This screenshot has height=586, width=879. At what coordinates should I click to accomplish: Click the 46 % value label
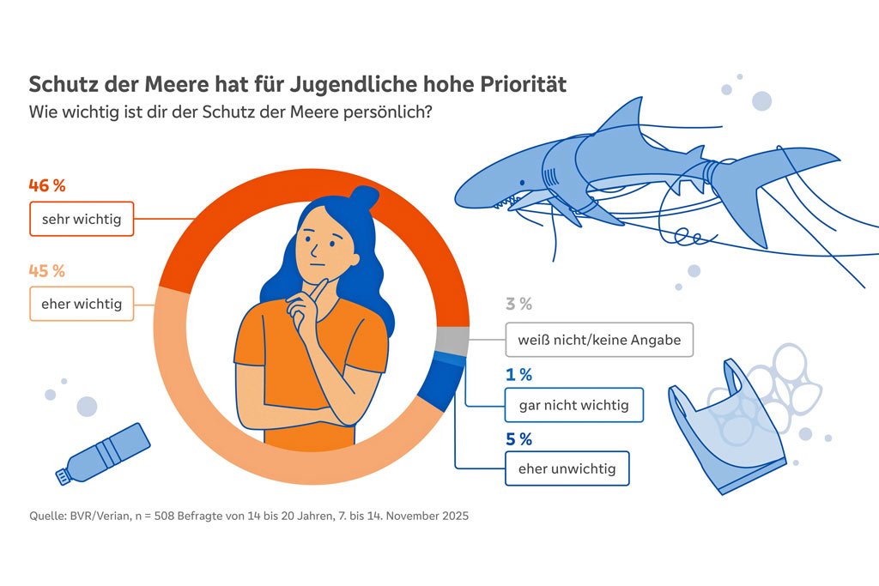(47, 185)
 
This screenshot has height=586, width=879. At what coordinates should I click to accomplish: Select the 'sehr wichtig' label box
(82, 219)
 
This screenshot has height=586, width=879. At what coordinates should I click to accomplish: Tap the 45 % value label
(47, 271)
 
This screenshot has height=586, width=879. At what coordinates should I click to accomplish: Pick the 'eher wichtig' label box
(82, 304)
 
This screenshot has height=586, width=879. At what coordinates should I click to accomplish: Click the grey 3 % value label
(518, 304)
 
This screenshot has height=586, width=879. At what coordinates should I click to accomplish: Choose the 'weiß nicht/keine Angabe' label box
(598, 340)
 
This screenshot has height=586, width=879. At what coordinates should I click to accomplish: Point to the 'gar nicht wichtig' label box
(573, 405)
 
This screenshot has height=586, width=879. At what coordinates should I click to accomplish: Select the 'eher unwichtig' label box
(567, 468)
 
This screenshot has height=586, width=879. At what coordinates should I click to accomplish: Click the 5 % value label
(518, 439)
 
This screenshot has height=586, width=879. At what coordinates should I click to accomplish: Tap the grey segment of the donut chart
(452, 341)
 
